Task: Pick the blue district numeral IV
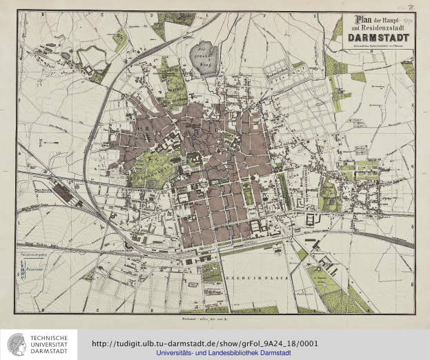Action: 264,195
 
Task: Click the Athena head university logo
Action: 15,343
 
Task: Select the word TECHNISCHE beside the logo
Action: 51,338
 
